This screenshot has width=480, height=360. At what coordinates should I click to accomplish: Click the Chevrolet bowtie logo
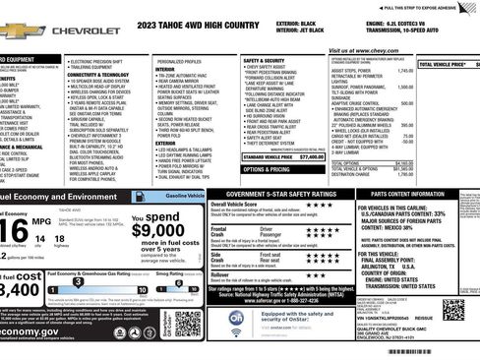(21, 31)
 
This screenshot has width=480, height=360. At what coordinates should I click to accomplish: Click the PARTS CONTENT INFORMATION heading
(414, 194)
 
